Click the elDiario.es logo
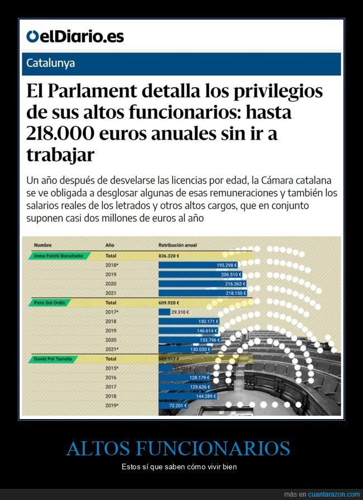(x=75, y=37)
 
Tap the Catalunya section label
(x=51, y=64)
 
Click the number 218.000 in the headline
(x=65, y=134)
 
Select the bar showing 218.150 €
(x=202, y=292)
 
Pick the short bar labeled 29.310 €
(x=164, y=312)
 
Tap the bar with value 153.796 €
(x=189, y=340)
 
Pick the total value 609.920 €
(x=171, y=302)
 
